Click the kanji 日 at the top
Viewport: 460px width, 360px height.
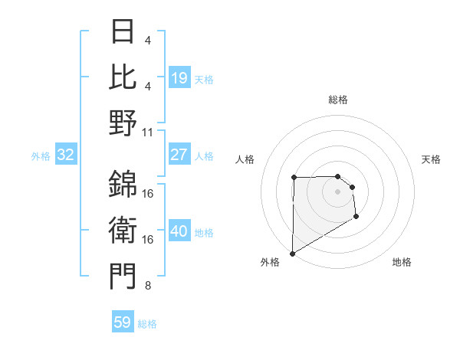tap(123, 31)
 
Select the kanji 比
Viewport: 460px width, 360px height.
tap(123, 77)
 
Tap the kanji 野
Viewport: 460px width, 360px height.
tap(123, 123)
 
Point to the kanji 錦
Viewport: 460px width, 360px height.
tap(123, 184)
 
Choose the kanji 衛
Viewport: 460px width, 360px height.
tap(123, 230)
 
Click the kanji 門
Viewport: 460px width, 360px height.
tap(123, 276)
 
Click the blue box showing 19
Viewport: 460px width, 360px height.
tap(179, 78)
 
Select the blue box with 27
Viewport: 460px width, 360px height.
tap(179, 155)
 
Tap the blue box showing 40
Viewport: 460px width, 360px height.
tap(179, 232)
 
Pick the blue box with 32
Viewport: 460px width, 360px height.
tap(66, 155)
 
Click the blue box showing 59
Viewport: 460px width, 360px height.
tap(123, 322)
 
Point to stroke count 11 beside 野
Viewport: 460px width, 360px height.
tap(148, 132)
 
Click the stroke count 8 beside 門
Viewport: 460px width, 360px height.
tap(147, 286)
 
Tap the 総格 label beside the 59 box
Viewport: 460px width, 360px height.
tap(147, 324)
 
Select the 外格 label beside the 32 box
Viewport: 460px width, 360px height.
tap(41, 156)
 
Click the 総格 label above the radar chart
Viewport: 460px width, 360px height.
tap(338, 100)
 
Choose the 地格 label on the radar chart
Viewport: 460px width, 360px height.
tap(402, 262)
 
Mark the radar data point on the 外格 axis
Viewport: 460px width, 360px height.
tap(292, 253)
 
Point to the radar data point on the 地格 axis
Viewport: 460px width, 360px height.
tap(356, 218)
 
